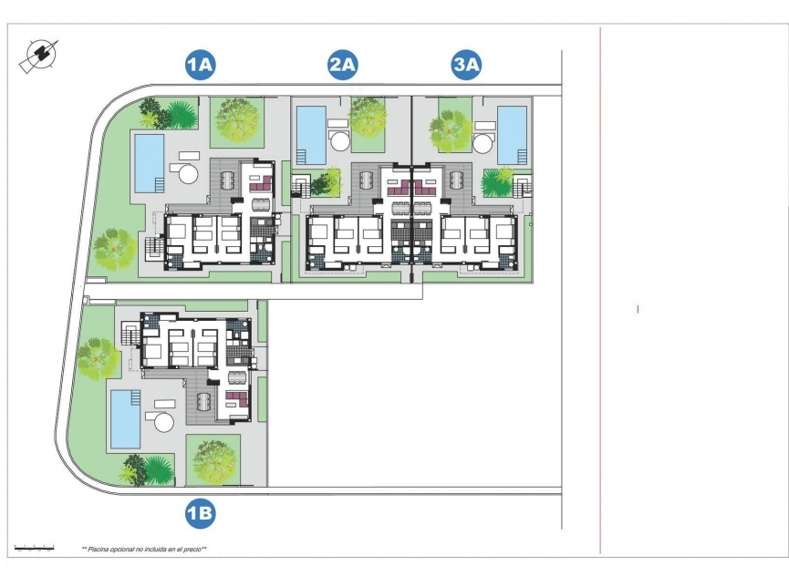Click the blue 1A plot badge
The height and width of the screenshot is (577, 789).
pyautogui.click(x=200, y=65)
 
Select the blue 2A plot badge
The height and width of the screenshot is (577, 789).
pyautogui.click(x=342, y=65)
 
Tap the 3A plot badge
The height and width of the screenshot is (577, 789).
pyautogui.click(x=466, y=65)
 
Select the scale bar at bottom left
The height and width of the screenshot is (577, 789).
pyautogui.click(x=35, y=549)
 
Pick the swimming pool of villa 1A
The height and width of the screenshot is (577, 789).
pyautogui.click(x=149, y=162)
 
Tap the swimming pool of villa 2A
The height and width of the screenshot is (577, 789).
pyautogui.click(x=311, y=135)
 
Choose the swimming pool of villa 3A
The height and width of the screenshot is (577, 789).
pyautogui.click(x=512, y=135)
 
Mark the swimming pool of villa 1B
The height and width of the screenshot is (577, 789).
pyautogui.click(x=125, y=419)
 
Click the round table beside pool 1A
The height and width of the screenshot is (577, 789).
pyautogui.click(x=188, y=173)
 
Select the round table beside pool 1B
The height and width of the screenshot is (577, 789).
pyautogui.click(x=164, y=421)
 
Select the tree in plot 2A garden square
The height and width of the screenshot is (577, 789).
pyautogui.click(x=368, y=117)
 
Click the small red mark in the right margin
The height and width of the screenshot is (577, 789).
pyautogui.click(x=638, y=310)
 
